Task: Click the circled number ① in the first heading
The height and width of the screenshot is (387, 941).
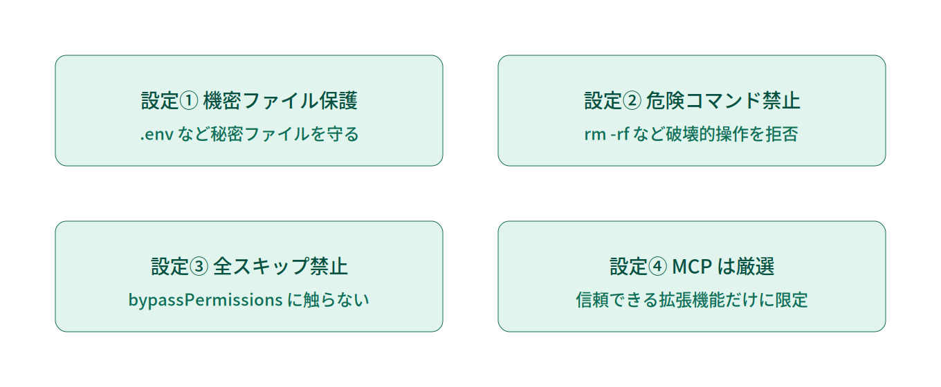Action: (x=189, y=101)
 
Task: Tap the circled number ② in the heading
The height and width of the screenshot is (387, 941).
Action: (x=632, y=101)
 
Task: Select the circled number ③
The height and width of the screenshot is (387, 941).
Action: (x=199, y=267)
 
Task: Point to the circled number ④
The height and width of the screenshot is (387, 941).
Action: (x=657, y=267)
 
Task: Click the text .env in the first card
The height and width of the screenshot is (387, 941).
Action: (x=156, y=135)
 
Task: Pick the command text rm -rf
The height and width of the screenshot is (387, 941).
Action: (x=607, y=134)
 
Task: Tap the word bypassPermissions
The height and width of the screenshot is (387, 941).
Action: (x=205, y=300)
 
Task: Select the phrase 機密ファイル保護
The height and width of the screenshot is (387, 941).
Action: (x=280, y=101)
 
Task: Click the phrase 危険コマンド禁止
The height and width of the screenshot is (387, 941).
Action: (x=723, y=101)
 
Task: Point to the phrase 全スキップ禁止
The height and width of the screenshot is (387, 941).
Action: (x=281, y=267)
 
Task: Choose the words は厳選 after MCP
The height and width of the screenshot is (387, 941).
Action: (x=746, y=267)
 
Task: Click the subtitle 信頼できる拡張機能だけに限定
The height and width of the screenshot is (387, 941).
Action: (x=692, y=300)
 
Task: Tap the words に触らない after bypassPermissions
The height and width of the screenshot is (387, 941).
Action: (x=329, y=300)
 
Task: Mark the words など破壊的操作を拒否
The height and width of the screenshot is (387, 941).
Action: (x=716, y=134)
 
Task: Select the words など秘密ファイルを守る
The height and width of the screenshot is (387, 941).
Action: (x=268, y=134)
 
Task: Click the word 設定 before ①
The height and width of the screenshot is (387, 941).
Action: (x=160, y=101)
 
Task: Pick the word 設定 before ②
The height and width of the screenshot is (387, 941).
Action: (x=603, y=101)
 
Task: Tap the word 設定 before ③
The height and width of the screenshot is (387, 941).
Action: (x=170, y=267)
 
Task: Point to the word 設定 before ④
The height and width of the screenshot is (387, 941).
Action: (x=629, y=267)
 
